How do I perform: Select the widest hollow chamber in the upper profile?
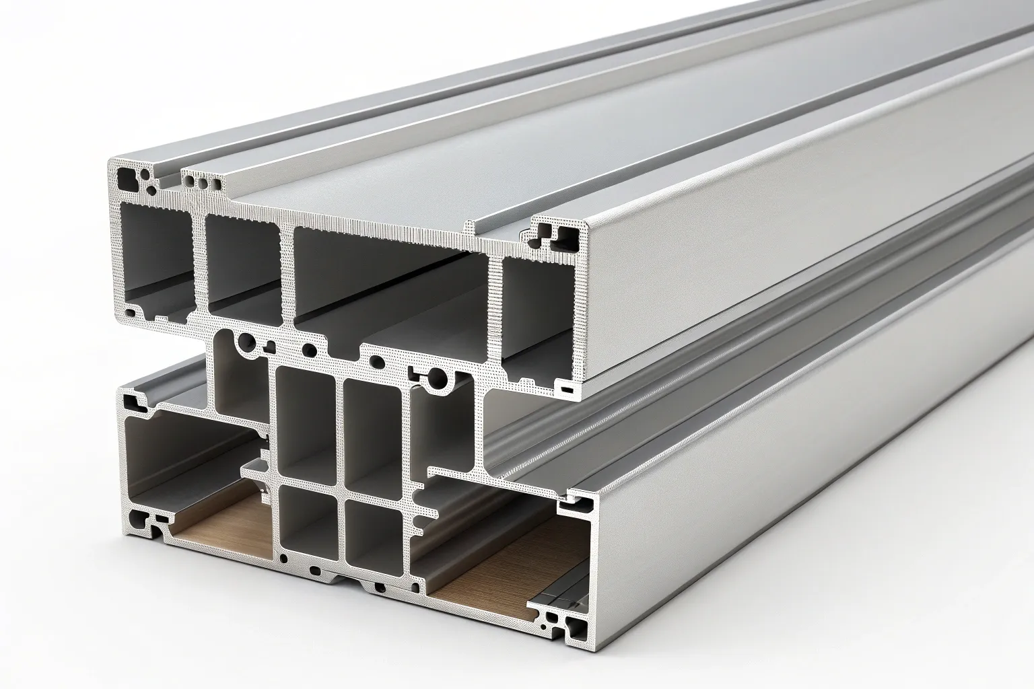[390, 283]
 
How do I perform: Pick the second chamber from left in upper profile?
[242, 266]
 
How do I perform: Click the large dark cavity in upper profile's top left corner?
[126, 178]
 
